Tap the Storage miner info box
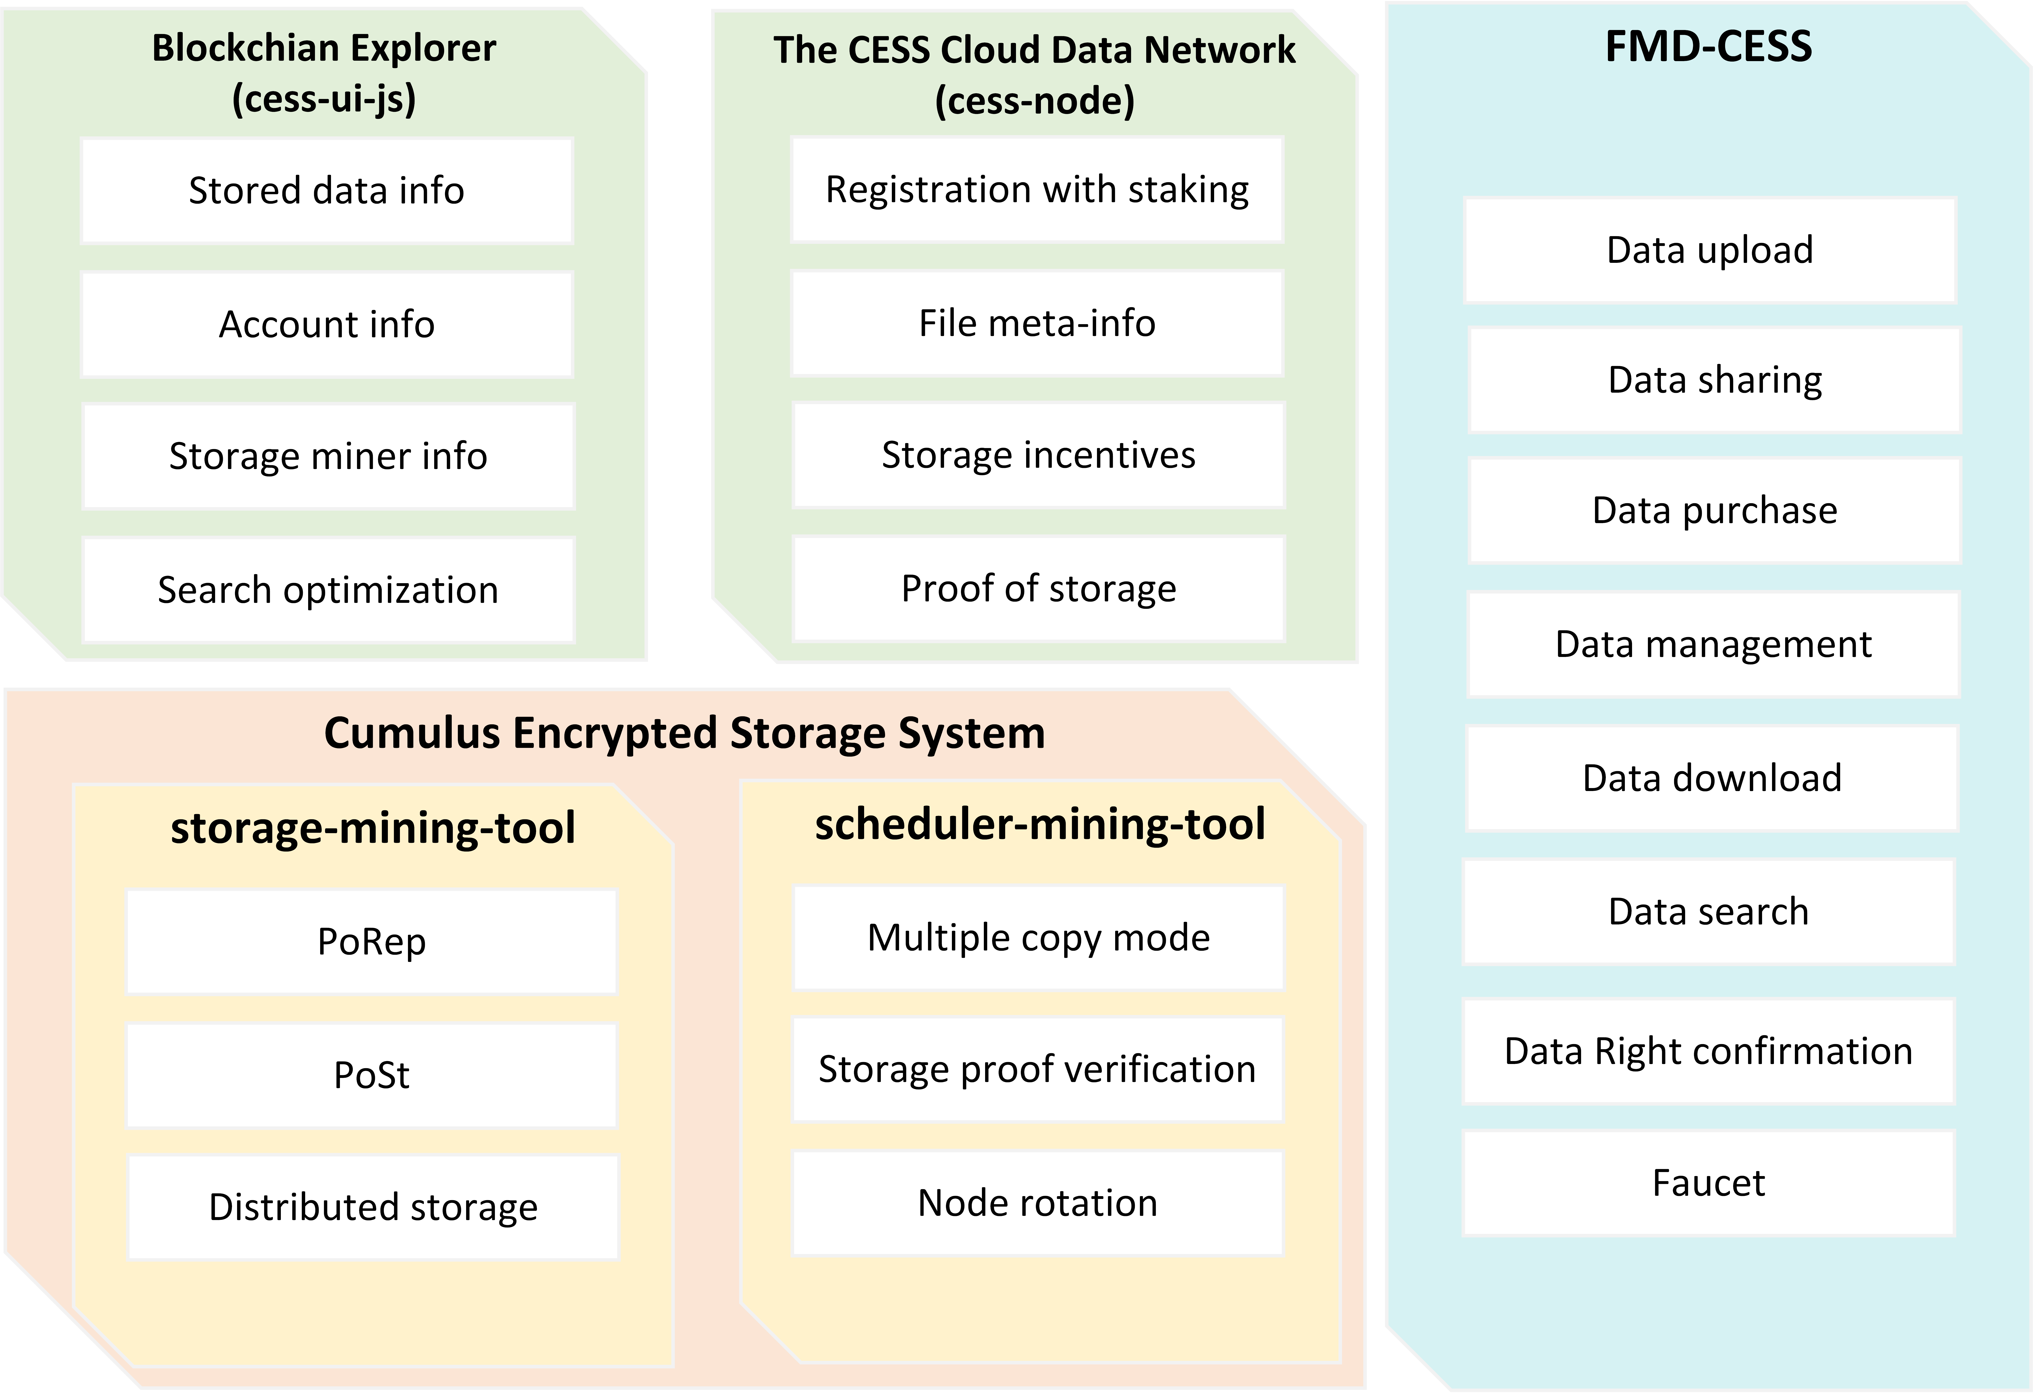(328, 457)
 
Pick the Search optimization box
(328, 590)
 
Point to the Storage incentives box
(1038, 456)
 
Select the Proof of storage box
(1038, 588)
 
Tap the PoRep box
(372, 942)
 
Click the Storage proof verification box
(1038, 1069)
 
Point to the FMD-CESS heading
(1708, 46)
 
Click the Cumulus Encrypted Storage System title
(684, 733)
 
